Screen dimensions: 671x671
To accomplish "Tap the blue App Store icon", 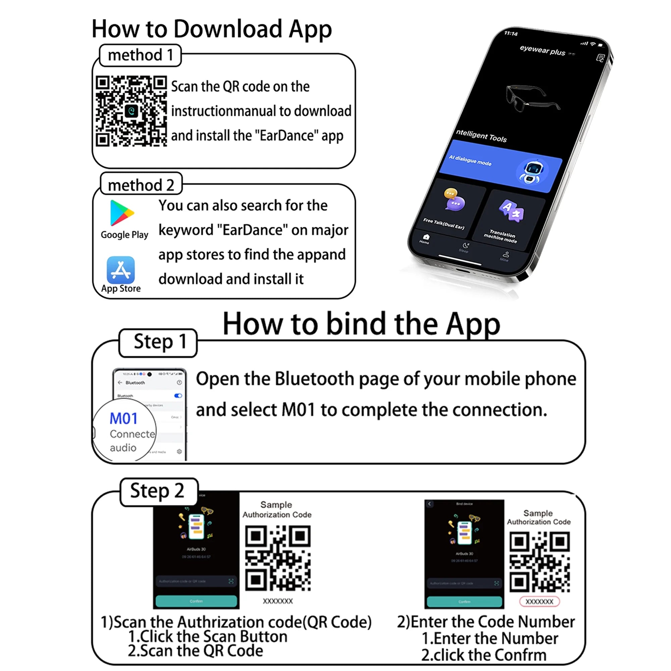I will (120, 270).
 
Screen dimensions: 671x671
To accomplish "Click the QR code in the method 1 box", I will (131, 111).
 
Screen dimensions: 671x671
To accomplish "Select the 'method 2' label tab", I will (141, 185).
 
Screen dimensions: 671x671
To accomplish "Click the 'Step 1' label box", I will (158, 342).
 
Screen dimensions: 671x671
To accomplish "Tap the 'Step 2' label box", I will (158, 492).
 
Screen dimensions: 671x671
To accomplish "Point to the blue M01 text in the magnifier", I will (124, 418).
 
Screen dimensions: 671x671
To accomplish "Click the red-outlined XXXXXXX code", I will (539, 602).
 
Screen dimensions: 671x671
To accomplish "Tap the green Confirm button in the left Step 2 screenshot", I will (196, 601).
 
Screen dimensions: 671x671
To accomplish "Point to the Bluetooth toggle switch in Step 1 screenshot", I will (178, 396).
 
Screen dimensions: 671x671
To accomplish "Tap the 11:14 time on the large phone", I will (511, 33).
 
